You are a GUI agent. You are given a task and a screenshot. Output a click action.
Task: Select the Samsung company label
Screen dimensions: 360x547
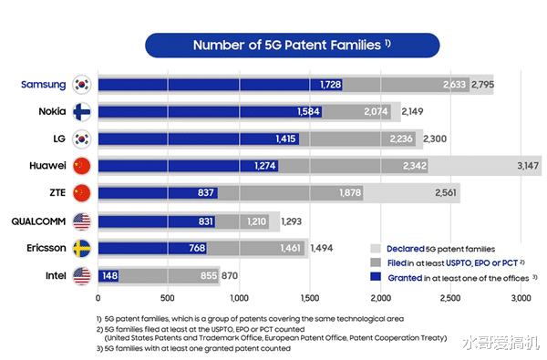tap(44, 85)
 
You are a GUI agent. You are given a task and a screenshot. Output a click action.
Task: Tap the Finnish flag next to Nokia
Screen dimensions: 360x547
tap(82, 112)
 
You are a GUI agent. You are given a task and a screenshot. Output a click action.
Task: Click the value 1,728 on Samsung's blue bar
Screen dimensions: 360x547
tap(331, 85)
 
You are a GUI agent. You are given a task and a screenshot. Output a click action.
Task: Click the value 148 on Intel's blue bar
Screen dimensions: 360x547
tap(108, 275)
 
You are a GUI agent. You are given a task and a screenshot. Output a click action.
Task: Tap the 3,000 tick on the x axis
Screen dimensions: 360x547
tap(519, 298)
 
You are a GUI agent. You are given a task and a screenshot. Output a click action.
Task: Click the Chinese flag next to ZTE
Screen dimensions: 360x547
tap(82, 194)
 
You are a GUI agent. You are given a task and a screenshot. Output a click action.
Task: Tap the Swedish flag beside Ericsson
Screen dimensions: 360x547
tap(82, 248)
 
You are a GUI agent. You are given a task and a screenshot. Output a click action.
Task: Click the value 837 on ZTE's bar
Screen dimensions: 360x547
tap(206, 194)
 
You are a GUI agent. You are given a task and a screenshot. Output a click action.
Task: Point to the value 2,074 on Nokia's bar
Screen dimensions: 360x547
tap(378, 112)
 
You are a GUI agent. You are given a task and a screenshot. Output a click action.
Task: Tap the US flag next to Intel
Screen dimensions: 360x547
tap(82, 275)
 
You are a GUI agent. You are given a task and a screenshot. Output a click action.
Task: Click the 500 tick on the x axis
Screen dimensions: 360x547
tap(168, 298)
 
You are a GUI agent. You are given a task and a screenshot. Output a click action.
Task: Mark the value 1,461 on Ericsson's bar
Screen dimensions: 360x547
tap(293, 248)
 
